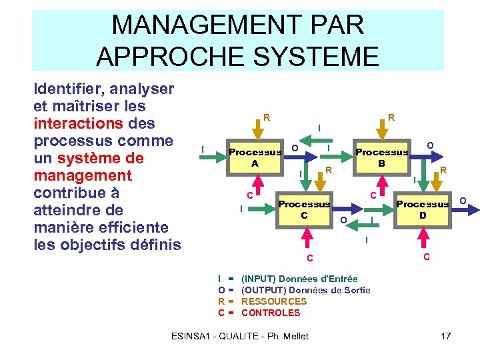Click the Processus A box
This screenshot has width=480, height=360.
(254, 157)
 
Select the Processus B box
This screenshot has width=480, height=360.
(381, 157)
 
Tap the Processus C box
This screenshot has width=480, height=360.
(303, 209)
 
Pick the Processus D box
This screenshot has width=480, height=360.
(422, 209)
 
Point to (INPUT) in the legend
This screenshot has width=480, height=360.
(258, 279)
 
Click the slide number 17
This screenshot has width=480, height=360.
(445, 335)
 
